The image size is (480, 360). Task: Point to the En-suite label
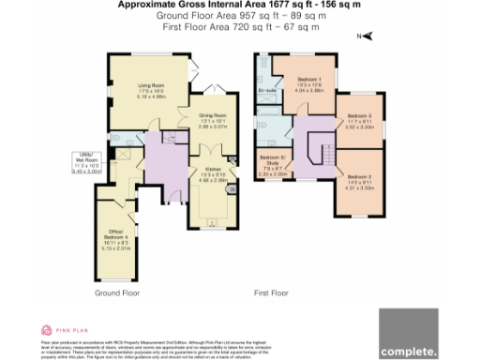click(x=266, y=91)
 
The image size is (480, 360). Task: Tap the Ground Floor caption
click(x=117, y=293)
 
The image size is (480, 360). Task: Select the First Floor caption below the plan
click(x=272, y=293)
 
